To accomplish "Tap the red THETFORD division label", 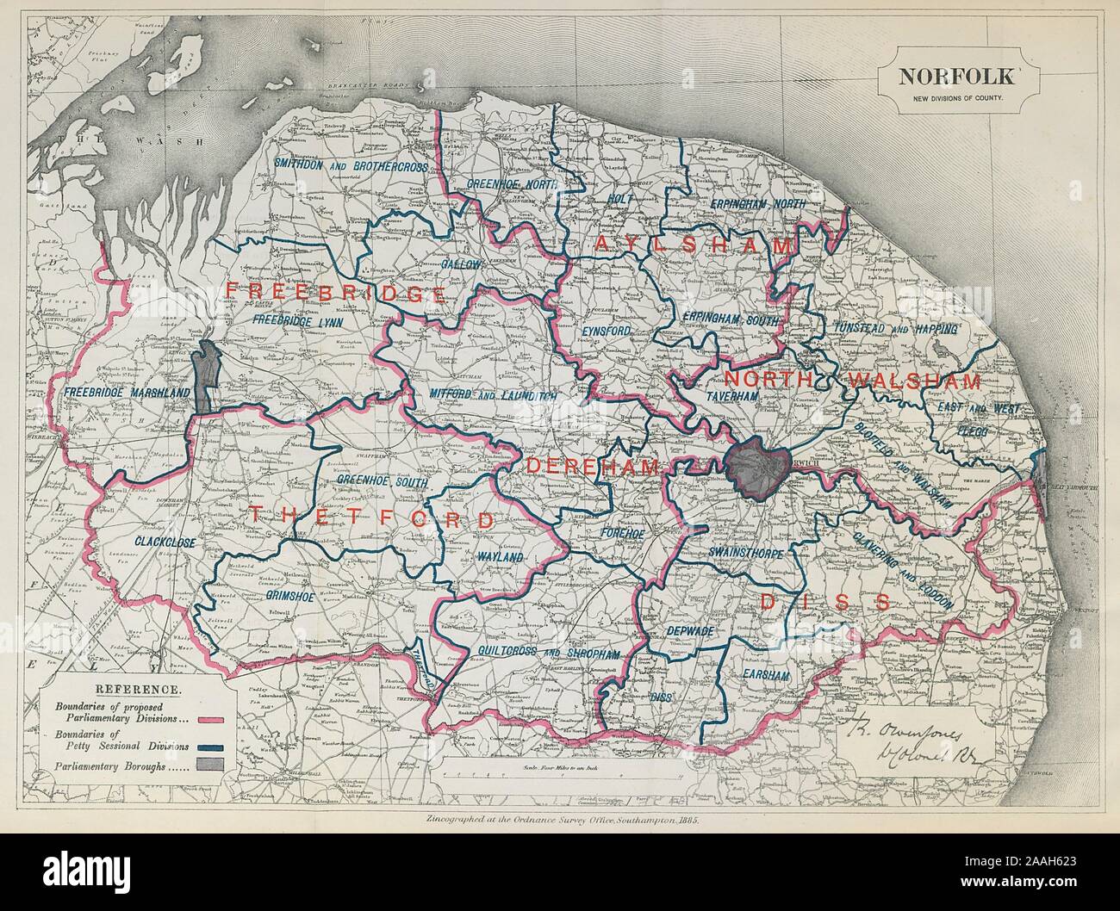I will click(372, 518).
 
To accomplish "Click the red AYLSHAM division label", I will click(694, 246).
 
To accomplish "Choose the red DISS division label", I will click(824, 603).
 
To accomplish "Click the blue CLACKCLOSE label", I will click(165, 542).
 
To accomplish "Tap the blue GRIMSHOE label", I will click(281, 593).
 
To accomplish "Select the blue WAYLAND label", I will click(500, 557).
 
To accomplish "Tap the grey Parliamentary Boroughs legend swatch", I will click(210, 765).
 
